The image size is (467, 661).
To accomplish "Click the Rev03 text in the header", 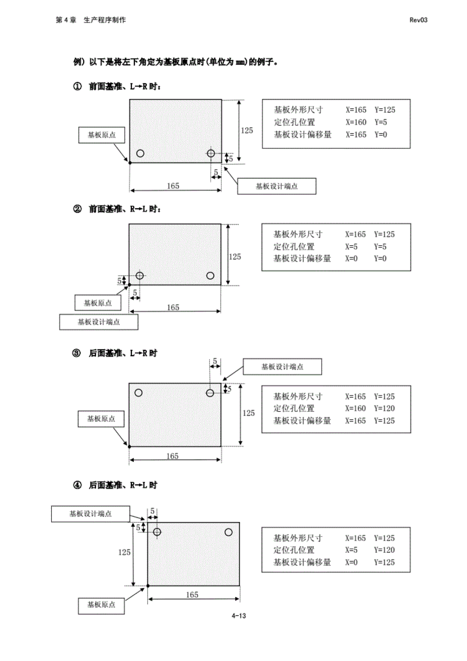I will click(418, 20).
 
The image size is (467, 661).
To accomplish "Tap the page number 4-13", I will click(239, 616).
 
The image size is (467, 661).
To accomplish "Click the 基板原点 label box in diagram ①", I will click(101, 135).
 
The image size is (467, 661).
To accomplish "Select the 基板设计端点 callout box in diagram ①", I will click(276, 186).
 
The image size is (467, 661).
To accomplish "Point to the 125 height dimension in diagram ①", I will click(247, 131).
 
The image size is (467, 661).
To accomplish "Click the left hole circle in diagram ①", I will click(140, 153).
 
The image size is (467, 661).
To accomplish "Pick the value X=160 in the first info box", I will click(356, 122).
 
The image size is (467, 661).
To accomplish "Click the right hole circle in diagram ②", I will click(210, 276).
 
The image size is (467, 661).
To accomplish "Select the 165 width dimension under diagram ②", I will click(173, 307).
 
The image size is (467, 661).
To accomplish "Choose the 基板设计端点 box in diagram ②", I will click(99, 322).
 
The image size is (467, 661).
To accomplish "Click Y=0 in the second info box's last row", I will click(380, 259).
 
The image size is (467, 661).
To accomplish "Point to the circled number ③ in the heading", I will click(77, 353).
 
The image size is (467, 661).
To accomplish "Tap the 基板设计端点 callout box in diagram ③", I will click(282, 367).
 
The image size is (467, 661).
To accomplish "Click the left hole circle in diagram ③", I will click(138, 392).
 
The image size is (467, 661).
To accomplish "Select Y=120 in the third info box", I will click(384, 409).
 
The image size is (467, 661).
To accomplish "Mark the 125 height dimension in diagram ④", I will click(124, 552).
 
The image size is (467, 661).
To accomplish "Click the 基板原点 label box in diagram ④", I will click(101, 605).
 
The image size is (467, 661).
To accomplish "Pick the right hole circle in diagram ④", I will click(228, 532).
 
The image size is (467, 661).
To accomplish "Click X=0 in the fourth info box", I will click(351, 562).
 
